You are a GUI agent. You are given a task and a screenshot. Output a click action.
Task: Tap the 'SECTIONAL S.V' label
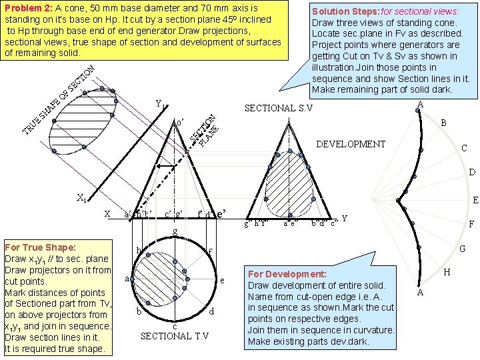click(x=280, y=108)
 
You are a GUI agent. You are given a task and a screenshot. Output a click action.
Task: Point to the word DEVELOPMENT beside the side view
click(x=351, y=144)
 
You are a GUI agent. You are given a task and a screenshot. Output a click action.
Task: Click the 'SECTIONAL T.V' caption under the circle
click(x=175, y=335)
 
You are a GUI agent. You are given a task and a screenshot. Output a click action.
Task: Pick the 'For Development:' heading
click(x=287, y=274)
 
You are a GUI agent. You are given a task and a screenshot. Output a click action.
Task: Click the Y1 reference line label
click(x=160, y=105)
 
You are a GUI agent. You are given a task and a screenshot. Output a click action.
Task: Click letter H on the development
click(x=447, y=271)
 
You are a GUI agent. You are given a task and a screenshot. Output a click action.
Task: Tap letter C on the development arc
click(x=467, y=149)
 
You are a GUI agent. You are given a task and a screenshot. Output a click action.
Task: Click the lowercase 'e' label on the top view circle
click(x=222, y=281)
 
